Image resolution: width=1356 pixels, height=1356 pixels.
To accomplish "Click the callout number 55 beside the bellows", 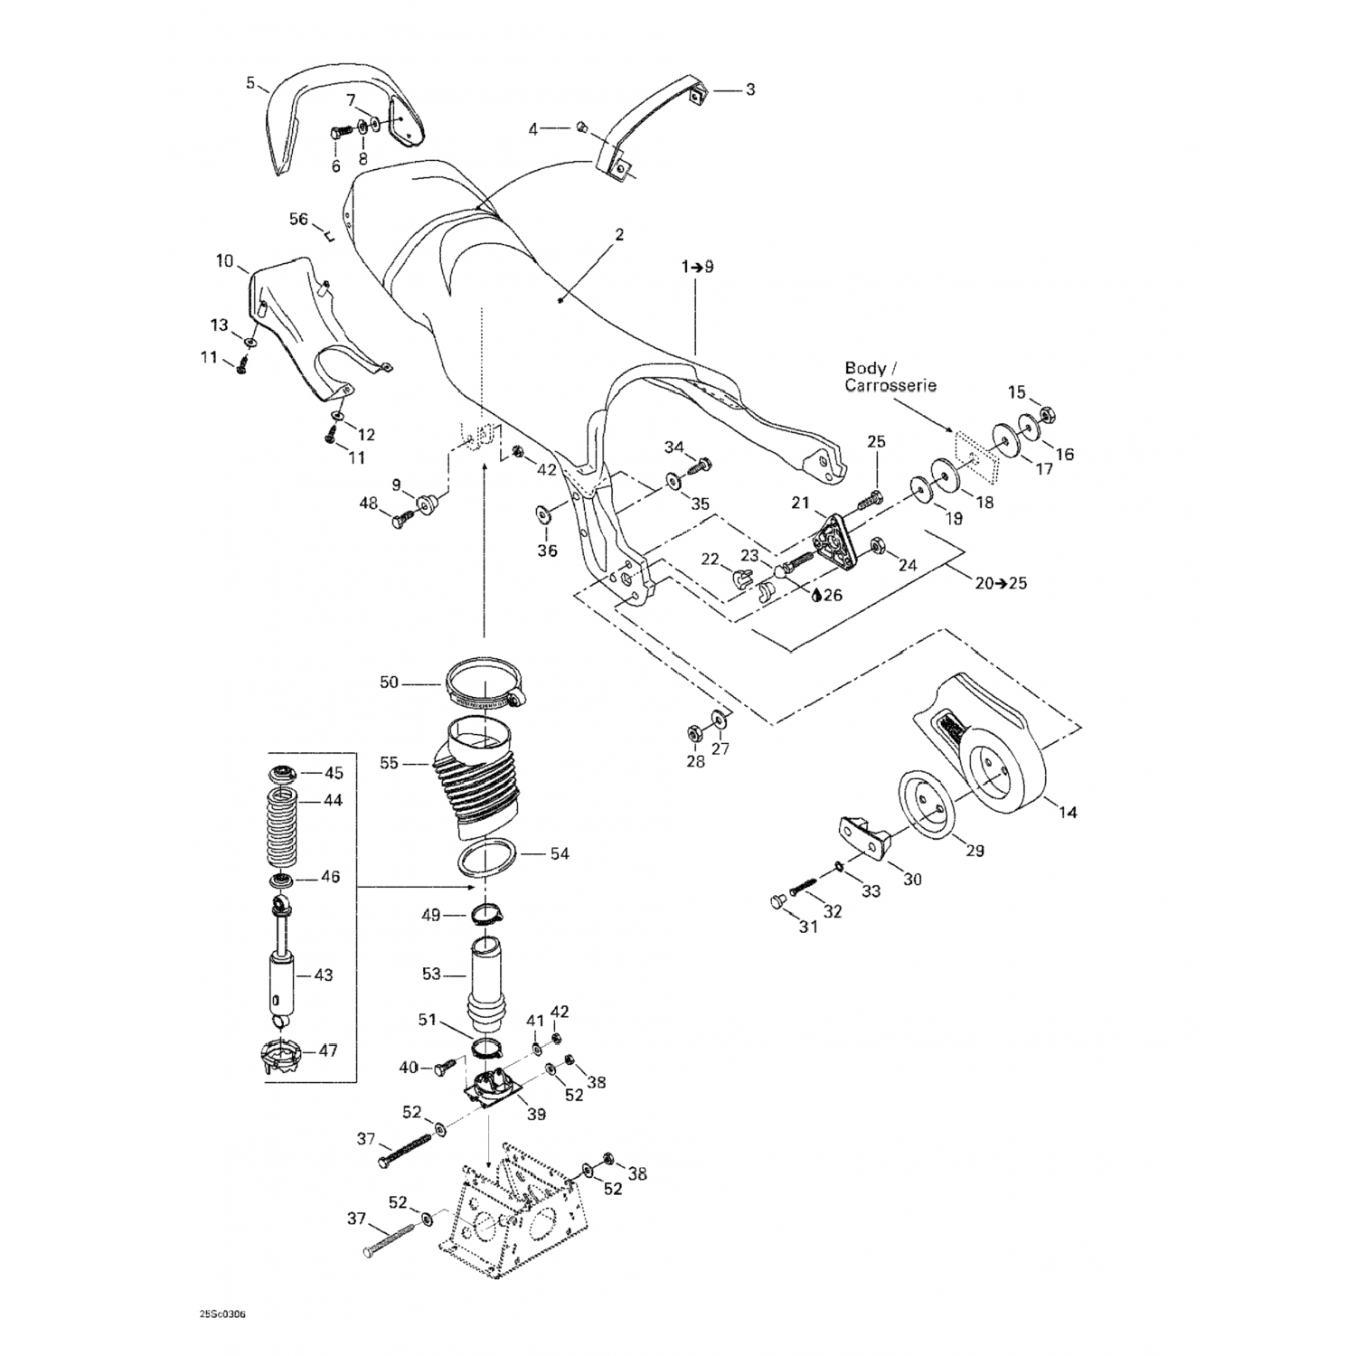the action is (x=389, y=763).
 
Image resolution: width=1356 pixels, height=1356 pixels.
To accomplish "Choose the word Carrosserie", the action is (x=890, y=385).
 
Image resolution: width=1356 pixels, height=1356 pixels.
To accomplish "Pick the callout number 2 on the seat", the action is (x=619, y=235).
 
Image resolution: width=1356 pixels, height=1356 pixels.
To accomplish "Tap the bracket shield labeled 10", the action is (x=298, y=316).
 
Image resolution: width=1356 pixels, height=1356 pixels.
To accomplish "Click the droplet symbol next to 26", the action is (x=816, y=595).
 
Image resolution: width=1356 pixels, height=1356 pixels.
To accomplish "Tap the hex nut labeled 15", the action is (x=1050, y=415).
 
